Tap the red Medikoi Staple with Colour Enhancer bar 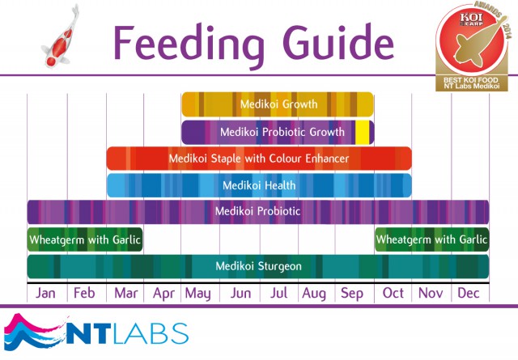coord(259,159)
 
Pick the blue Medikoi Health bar coord(259,185)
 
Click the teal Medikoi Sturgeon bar coord(258,266)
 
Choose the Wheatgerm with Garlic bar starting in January coord(84,239)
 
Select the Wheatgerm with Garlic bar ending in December coord(431,239)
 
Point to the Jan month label coord(46,293)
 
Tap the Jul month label coord(278,293)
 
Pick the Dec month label coord(469,293)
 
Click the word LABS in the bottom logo coord(154,332)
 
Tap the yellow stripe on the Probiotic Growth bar coord(363,132)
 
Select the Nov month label coord(431,293)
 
